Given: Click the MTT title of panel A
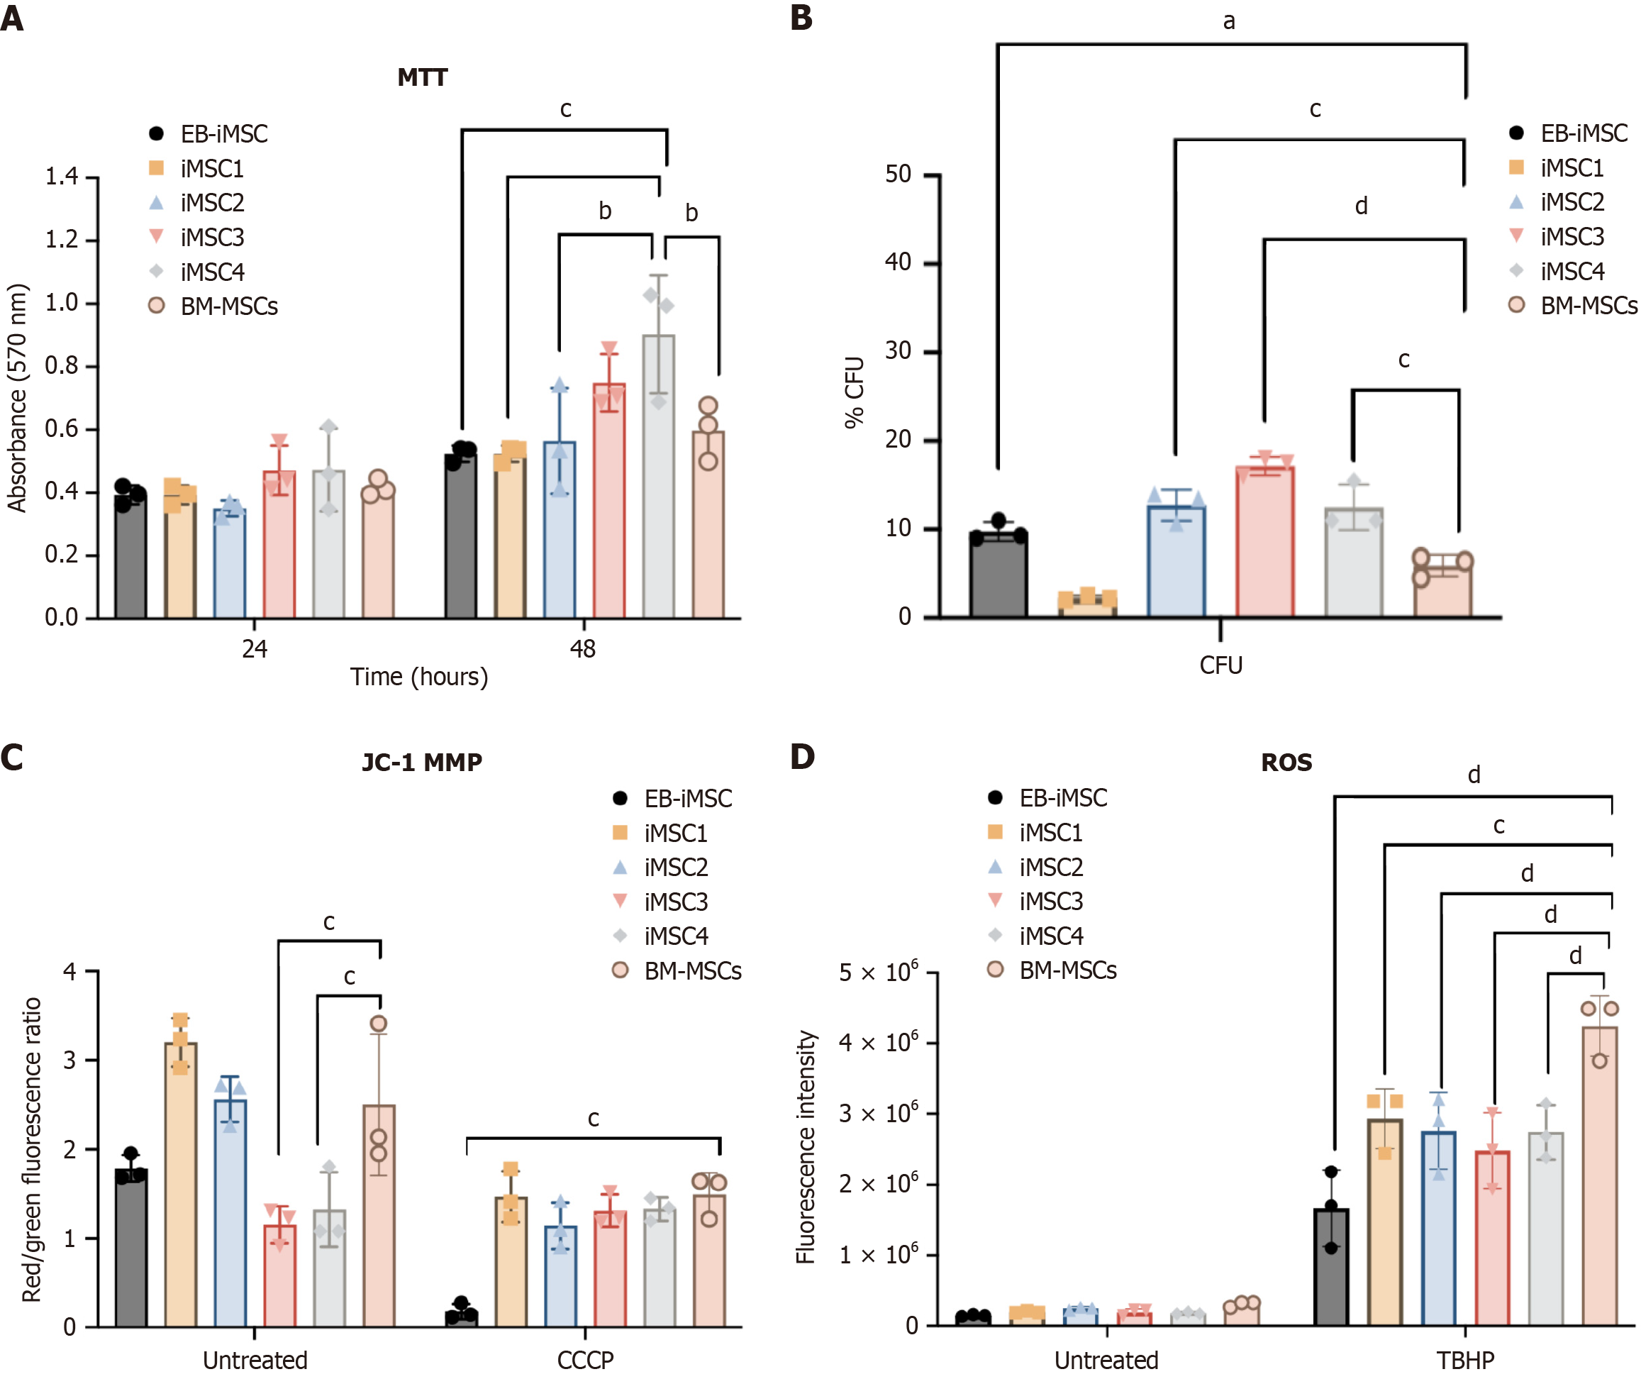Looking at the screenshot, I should pos(422,77).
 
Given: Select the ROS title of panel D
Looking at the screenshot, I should pos(1286,762).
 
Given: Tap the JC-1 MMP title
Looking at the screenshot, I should pos(422,762).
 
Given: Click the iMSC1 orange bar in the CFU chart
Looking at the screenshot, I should pos(1087,605).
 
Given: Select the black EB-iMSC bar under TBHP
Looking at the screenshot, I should pos(1331,1266).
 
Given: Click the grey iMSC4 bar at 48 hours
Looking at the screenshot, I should pos(659,477).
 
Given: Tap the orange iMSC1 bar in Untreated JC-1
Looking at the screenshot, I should pos(181,1185).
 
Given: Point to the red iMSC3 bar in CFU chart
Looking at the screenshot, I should pos(1264,542).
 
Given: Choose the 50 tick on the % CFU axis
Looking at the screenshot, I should pos(898,174).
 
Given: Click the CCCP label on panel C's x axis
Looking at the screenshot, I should pos(585,1361).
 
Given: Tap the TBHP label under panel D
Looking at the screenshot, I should pos(1465,1361).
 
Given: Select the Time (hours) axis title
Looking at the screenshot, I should pos(419,676).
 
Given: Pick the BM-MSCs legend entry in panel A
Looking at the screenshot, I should pos(228,306).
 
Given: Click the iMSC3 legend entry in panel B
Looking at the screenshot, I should pos(1572,236).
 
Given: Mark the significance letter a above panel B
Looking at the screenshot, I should pos(1229,21).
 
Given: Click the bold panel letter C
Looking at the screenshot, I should pos(13,758).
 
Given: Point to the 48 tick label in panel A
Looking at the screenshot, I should pos(583,649).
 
